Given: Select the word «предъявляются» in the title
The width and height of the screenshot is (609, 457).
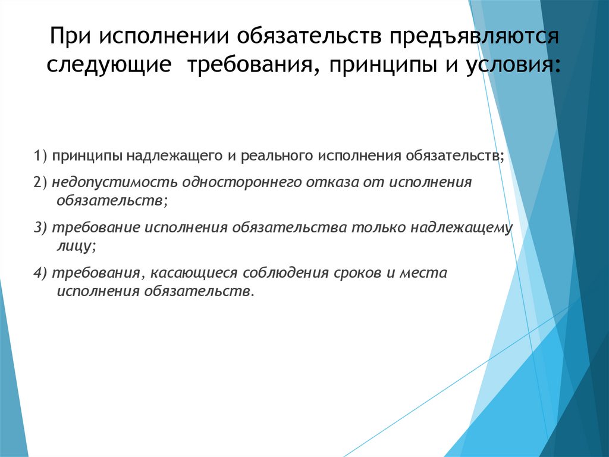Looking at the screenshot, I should tap(474, 38).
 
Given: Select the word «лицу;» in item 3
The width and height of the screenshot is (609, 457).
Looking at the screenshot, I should tap(76, 244).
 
